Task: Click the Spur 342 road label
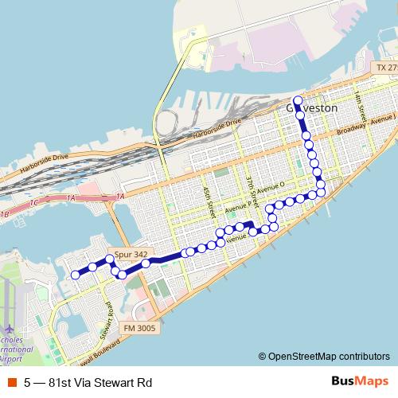pos(129,254)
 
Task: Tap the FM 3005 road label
pos(140,327)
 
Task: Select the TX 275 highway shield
pos(386,69)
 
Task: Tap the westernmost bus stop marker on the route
pos(76,275)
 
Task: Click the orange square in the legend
pos(12,382)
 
